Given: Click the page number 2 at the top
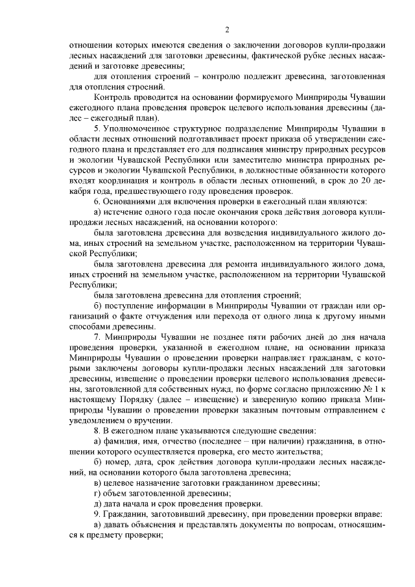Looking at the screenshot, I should (x=227, y=29).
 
